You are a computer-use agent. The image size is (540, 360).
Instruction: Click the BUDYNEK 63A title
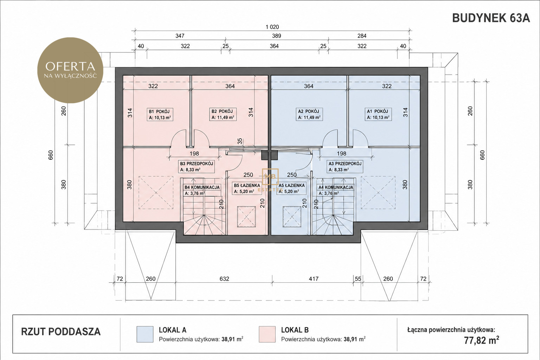(491, 18)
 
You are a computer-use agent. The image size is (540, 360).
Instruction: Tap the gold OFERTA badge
(70, 70)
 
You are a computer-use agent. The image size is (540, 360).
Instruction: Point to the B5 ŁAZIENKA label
(247, 185)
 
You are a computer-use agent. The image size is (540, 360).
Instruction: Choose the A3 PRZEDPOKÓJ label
(345, 163)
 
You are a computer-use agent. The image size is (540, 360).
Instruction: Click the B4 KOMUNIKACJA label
(202, 187)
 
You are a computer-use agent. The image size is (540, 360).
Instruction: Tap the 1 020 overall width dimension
(272, 27)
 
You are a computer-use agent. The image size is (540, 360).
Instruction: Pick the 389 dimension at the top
(277, 36)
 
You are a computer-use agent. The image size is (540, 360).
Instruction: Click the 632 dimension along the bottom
(224, 279)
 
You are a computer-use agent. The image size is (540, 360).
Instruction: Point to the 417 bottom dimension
(314, 279)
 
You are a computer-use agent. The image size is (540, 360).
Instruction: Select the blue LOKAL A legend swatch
(145, 334)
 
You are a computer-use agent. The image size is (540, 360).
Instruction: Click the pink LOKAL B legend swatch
(267, 334)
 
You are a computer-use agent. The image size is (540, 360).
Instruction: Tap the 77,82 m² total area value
(481, 340)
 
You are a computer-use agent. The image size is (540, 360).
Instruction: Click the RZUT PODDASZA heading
(61, 332)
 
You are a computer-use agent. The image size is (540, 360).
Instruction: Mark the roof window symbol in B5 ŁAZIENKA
(246, 217)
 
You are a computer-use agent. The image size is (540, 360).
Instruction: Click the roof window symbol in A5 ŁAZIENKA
(292, 217)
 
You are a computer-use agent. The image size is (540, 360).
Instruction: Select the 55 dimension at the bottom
(358, 279)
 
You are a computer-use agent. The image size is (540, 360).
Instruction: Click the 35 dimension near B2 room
(240, 141)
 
